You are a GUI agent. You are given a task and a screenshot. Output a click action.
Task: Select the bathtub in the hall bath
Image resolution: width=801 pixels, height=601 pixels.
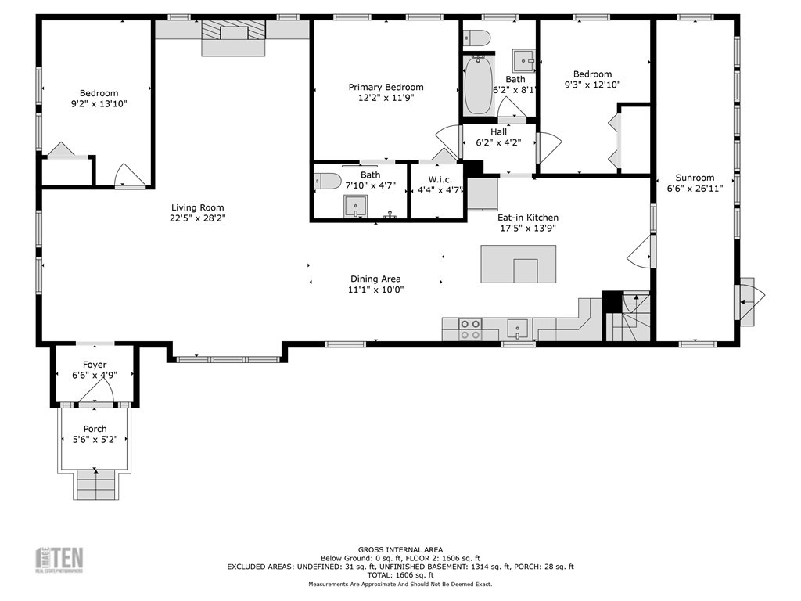click(x=478, y=85)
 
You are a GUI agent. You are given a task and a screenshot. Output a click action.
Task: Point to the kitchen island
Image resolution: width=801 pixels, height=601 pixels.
click(x=518, y=265)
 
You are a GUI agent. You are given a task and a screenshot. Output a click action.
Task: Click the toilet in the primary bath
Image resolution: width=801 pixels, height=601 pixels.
click(x=329, y=182)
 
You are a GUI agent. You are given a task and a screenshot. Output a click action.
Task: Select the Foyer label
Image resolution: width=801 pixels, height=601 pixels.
click(x=95, y=365)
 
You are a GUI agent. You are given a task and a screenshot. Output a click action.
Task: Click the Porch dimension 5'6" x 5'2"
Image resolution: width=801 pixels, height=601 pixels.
click(x=95, y=440)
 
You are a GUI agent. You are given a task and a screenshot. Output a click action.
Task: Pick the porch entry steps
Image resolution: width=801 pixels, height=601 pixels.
click(x=95, y=484)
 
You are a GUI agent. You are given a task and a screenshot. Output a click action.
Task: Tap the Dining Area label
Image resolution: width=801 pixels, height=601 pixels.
click(x=375, y=279)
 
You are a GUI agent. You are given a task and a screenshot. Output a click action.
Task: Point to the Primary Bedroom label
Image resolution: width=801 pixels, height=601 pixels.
click(x=386, y=87)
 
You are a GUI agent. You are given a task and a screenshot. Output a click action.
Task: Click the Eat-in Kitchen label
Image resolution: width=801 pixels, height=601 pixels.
click(x=528, y=218)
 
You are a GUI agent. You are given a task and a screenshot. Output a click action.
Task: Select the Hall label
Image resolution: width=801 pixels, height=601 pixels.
click(x=498, y=132)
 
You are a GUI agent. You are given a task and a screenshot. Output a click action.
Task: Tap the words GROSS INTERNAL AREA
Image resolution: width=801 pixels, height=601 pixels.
click(x=400, y=549)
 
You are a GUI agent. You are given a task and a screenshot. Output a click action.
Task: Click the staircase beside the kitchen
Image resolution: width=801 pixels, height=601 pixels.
click(x=630, y=317)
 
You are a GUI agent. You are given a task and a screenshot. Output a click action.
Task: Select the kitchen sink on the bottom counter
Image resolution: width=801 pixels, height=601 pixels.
click(x=517, y=326)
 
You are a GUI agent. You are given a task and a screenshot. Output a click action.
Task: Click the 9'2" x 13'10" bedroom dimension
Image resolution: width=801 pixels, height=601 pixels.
click(x=99, y=103)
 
